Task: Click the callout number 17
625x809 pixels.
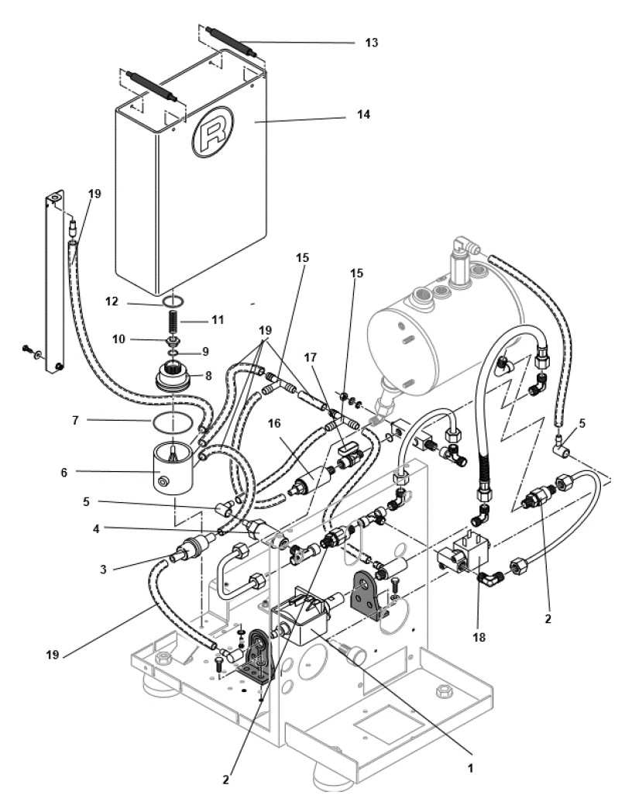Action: coord(335,381)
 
